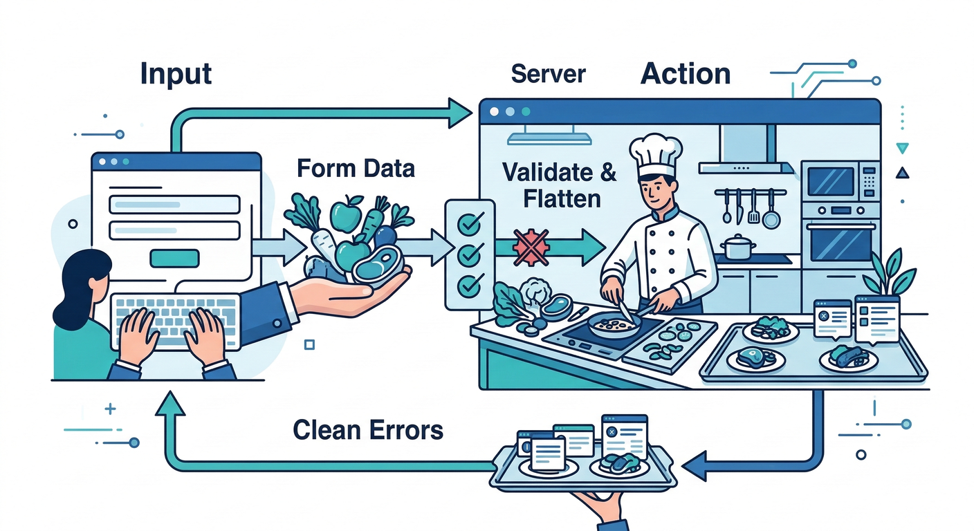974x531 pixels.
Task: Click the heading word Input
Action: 176,73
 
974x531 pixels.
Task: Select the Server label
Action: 549,73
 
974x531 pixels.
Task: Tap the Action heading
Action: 686,73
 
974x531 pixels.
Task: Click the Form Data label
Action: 356,168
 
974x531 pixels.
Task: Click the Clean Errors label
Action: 367,429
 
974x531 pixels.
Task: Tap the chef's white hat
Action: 655,155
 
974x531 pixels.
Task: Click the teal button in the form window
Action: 174,258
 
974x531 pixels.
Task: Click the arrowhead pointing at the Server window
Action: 459,113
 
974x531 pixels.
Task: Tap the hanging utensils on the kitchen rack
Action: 749,207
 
